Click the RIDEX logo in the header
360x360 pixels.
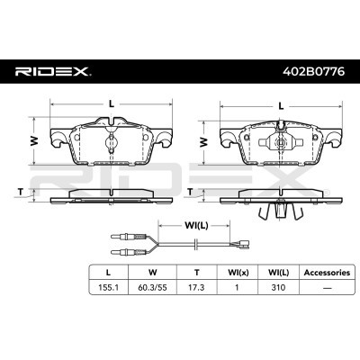[52, 70]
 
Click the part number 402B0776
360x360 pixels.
[309, 70]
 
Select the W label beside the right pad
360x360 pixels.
[202, 141]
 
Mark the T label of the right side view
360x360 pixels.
[191, 192]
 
